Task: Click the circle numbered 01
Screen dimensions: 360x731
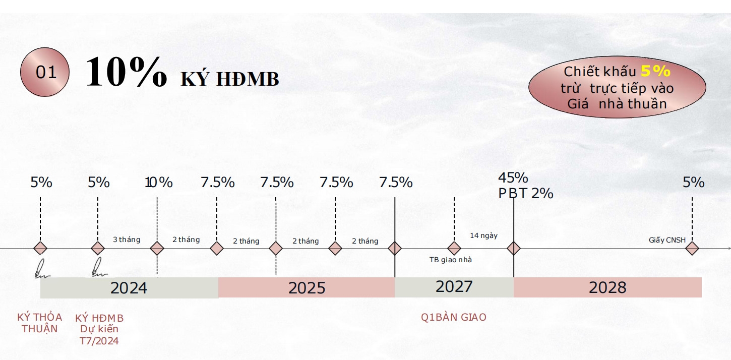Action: point(45,73)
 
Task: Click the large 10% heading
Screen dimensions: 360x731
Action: point(126,73)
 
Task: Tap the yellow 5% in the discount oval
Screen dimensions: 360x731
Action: point(655,71)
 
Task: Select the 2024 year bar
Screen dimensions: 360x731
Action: point(129,287)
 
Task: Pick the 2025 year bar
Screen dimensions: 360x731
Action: point(307,287)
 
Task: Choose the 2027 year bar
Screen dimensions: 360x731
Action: point(454,286)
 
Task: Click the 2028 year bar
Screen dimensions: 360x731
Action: point(607,287)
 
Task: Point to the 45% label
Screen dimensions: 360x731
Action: point(513,178)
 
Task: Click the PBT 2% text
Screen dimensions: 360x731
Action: point(526,193)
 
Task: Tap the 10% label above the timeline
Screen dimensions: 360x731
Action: point(159,183)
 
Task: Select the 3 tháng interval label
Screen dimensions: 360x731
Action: point(127,239)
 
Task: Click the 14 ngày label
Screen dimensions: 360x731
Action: point(483,235)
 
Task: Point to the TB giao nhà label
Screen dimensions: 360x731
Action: point(450,260)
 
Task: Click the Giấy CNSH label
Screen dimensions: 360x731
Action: point(667,240)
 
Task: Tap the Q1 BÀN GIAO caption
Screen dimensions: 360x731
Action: point(454,318)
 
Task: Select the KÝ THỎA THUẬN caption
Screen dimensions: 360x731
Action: point(40,323)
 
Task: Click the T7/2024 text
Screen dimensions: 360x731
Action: point(99,341)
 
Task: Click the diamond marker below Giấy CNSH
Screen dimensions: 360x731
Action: point(692,248)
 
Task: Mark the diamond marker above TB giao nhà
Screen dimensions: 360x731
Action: point(454,248)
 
